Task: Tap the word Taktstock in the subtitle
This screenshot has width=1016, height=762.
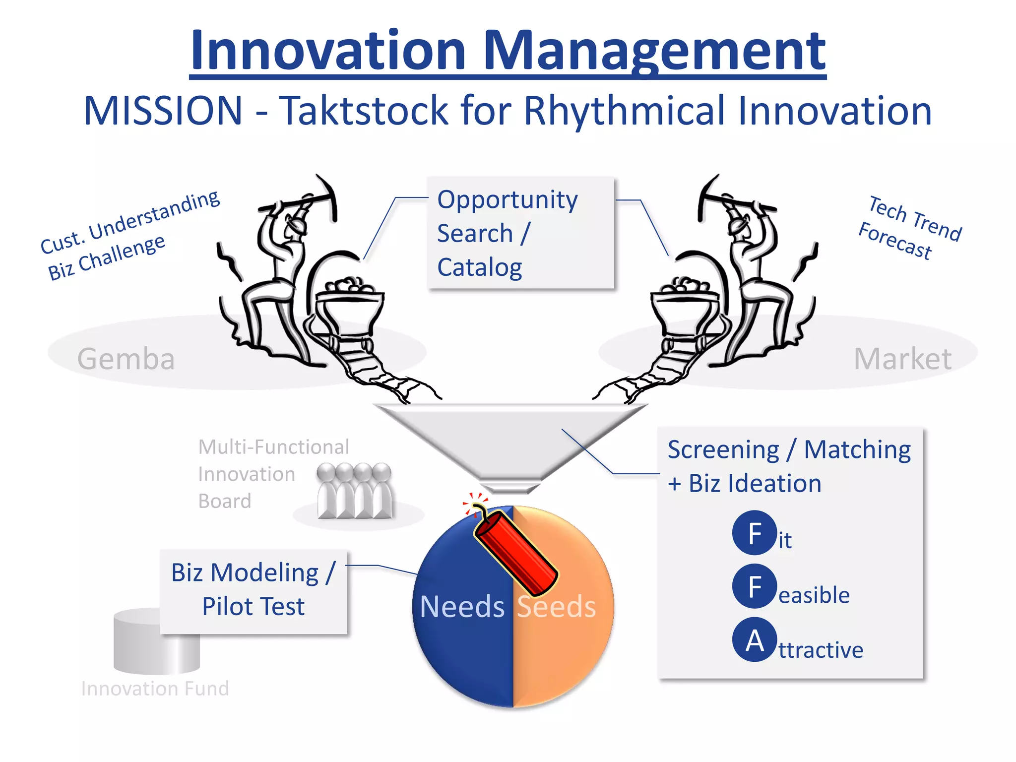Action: [364, 110]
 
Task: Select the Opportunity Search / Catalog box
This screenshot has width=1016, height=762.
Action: [520, 233]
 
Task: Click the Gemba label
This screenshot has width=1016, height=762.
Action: [126, 359]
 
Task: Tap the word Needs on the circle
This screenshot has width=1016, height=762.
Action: [462, 606]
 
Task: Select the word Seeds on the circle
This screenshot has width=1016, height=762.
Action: [556, 606]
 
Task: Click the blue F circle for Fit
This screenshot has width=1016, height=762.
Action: [754, 533]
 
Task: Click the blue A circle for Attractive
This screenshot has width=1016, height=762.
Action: [754, 640]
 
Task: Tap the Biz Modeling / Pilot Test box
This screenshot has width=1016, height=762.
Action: [254, 591]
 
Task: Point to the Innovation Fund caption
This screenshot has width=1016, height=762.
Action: [155, 689]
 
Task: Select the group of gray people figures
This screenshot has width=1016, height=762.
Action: [354, 491]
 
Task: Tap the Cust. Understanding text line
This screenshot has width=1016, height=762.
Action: [130, 222]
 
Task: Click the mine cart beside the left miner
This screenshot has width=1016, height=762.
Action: [349, 308]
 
